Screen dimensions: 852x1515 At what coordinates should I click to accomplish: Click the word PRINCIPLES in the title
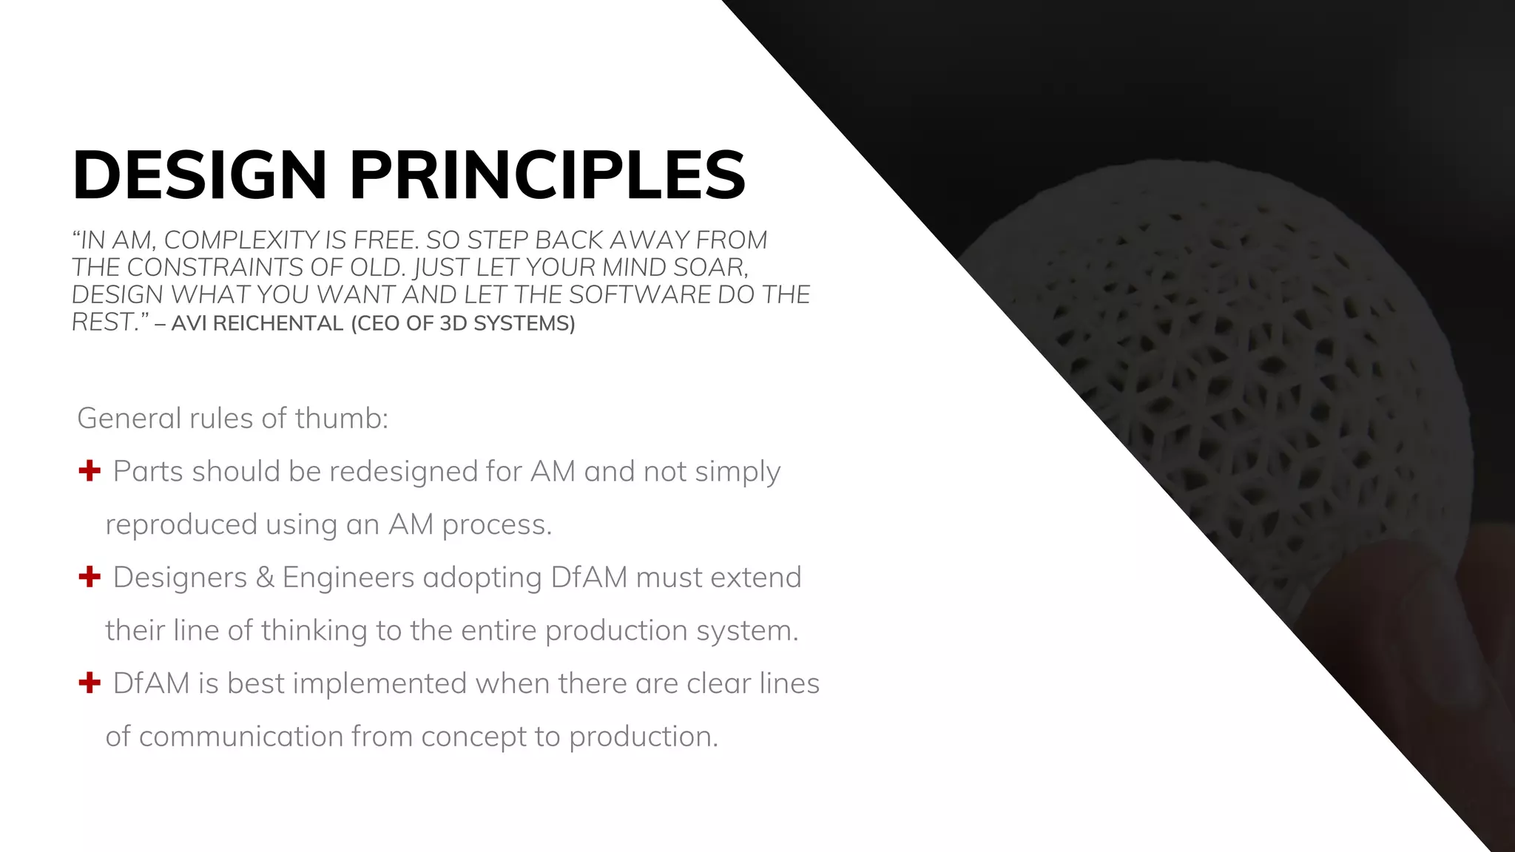547,176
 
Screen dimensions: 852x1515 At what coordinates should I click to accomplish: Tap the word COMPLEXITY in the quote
241,240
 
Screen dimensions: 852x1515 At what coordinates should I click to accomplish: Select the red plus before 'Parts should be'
90,470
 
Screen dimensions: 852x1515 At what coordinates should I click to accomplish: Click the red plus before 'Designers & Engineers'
90,577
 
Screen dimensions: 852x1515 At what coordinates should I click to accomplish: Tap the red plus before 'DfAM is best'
90,683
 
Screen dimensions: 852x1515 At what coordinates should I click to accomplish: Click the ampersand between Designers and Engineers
265,578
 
